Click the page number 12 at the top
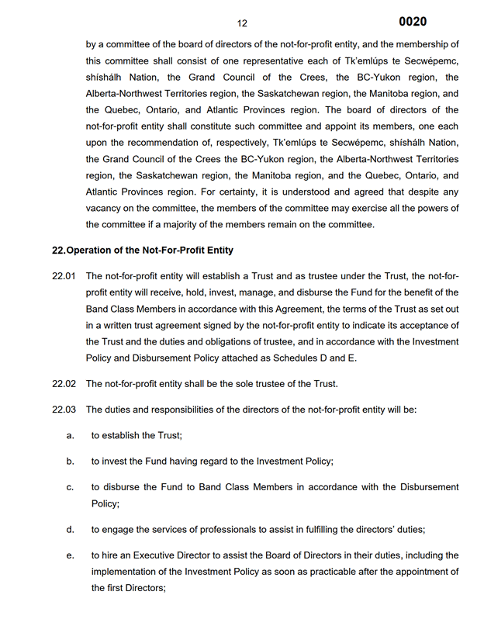pos(242,23)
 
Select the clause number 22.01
pos(64,275)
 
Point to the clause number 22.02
pos(64,384)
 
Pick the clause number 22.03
pos(64,410)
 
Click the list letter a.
pos(70,435)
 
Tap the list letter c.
pos(70,486)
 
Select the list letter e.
pos(70,555)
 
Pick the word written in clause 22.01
pos(121,325)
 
